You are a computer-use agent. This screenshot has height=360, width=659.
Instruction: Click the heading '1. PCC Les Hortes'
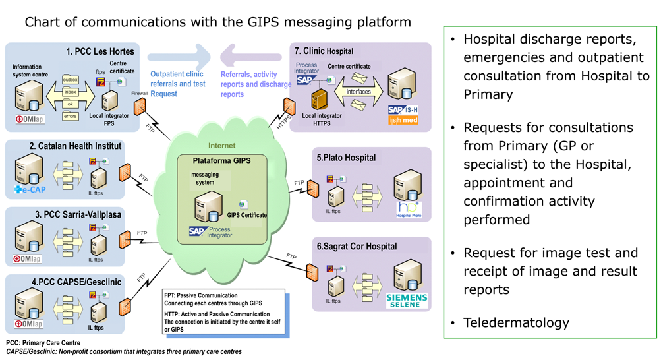pyautogui.click(x=100, y=51)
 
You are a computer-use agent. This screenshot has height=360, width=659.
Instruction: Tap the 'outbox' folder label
pyautogui.click(x=70, y=80)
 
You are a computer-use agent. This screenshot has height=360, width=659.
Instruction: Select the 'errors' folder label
pyautogui.click(x=70, y=117)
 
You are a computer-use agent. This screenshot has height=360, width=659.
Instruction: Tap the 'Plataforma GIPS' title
pyautogui.click(x=221, y=161)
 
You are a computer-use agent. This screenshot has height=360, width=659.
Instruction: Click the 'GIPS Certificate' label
pyautogui.click(x=247, y=215)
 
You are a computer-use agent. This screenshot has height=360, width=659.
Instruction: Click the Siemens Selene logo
pyautogui.click(x=407, y=300)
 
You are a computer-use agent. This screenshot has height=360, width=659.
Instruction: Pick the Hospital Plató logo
pyautogui.click(x=408, y=208)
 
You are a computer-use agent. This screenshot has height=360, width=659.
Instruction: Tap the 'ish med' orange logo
pyautogui.click(x=403, y=120)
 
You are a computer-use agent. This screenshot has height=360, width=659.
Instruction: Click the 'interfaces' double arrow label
pyautogui.click(x=358, y=92)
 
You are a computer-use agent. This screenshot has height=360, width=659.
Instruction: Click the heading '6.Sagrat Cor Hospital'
pyautogui.click(x=357, y=247)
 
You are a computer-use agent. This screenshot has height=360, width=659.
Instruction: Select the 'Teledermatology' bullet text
pyautogui.click(x=516, y=323)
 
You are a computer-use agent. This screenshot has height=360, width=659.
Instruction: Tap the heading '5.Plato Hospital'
pyautogui.click(x=346, y=158)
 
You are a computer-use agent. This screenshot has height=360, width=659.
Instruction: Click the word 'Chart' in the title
pyautogui.click(x=45, y=22)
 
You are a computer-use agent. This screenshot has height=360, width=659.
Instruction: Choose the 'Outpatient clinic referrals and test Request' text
pyautogui.click(x=178, y=84)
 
